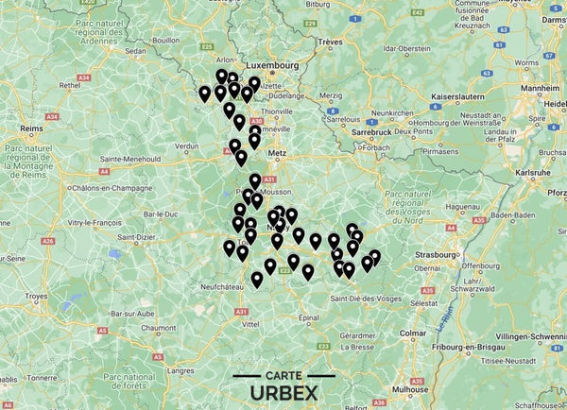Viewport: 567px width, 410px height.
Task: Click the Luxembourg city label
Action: [272, 65]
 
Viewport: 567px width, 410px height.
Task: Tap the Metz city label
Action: [277, 150]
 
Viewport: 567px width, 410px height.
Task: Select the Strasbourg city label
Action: [437, 253]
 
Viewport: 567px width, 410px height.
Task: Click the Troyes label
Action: [35, 296]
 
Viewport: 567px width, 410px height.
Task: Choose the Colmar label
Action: [411, 333]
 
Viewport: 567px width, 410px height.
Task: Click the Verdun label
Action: [187, 146]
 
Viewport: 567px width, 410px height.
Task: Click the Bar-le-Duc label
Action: [158, 214]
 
